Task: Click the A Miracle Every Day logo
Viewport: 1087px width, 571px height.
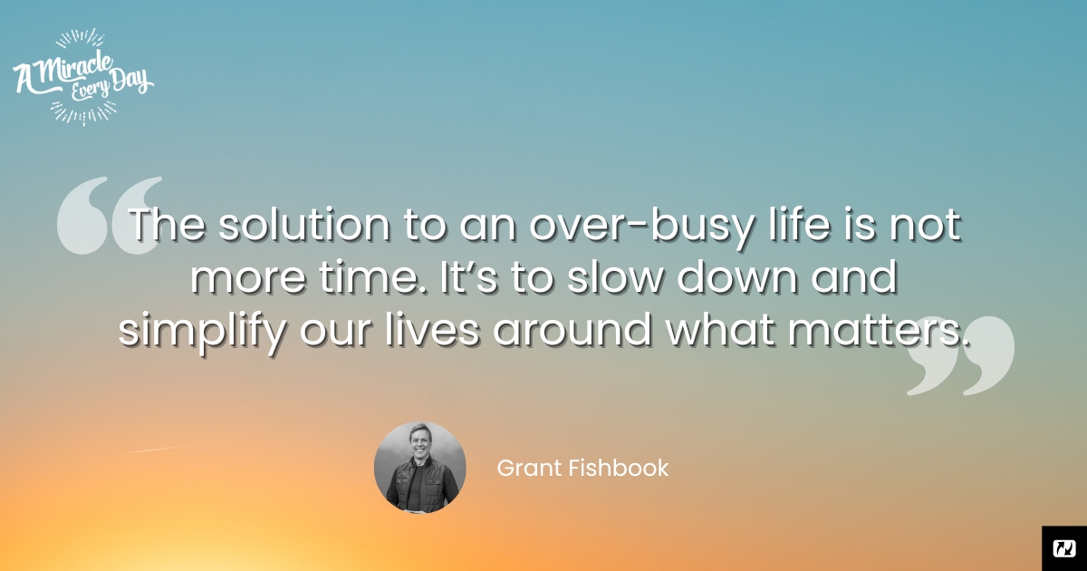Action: click(83, 77)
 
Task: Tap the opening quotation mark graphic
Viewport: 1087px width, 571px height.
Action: click(110, 215)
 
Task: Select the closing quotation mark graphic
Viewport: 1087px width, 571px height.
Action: click(961, 355)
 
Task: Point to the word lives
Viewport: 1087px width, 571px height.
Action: click(432, 329)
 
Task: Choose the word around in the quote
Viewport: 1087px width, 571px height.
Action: click(572, 329)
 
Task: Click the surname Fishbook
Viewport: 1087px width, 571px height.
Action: click(619, 468)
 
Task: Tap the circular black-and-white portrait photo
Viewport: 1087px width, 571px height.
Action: click(419, 468)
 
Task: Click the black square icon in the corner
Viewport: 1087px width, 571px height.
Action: click(1064, 548)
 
